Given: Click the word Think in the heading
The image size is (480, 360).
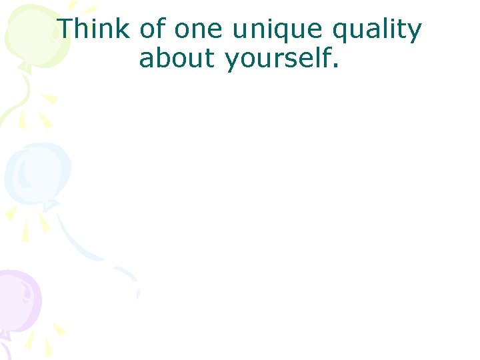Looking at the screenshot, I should tap(95, 29).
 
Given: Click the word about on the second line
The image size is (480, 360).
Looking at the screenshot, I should tap(178, 59).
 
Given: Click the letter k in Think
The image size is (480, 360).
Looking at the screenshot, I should tap(124, 29).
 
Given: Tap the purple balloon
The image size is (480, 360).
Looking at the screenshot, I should tap(17, 300).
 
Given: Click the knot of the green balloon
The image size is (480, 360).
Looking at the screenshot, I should tap(25, 68).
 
